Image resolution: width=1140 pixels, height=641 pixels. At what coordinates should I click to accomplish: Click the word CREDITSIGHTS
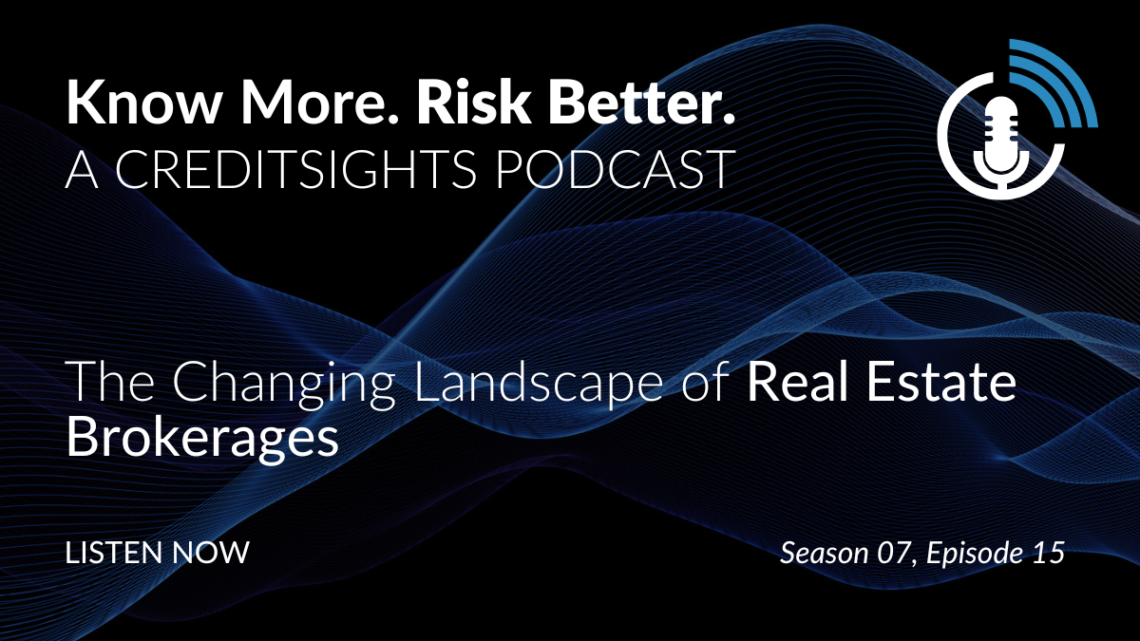pos(296,169)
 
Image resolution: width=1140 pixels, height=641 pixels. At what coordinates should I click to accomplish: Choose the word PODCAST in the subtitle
pos(616,169)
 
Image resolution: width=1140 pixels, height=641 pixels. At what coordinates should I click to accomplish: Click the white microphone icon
pos(1001,142)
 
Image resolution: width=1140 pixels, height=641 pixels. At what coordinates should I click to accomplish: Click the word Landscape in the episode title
pos(540,382)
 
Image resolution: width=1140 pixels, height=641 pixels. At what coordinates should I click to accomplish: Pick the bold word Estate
pos(941,381)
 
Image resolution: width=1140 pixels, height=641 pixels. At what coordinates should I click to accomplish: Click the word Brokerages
pos(202,439)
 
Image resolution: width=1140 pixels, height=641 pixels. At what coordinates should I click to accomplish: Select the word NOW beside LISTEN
pos(211,553)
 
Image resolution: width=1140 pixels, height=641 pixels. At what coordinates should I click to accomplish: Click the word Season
pos(825,553)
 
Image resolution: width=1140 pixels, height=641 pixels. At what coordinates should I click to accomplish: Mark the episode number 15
pos(1049,553)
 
